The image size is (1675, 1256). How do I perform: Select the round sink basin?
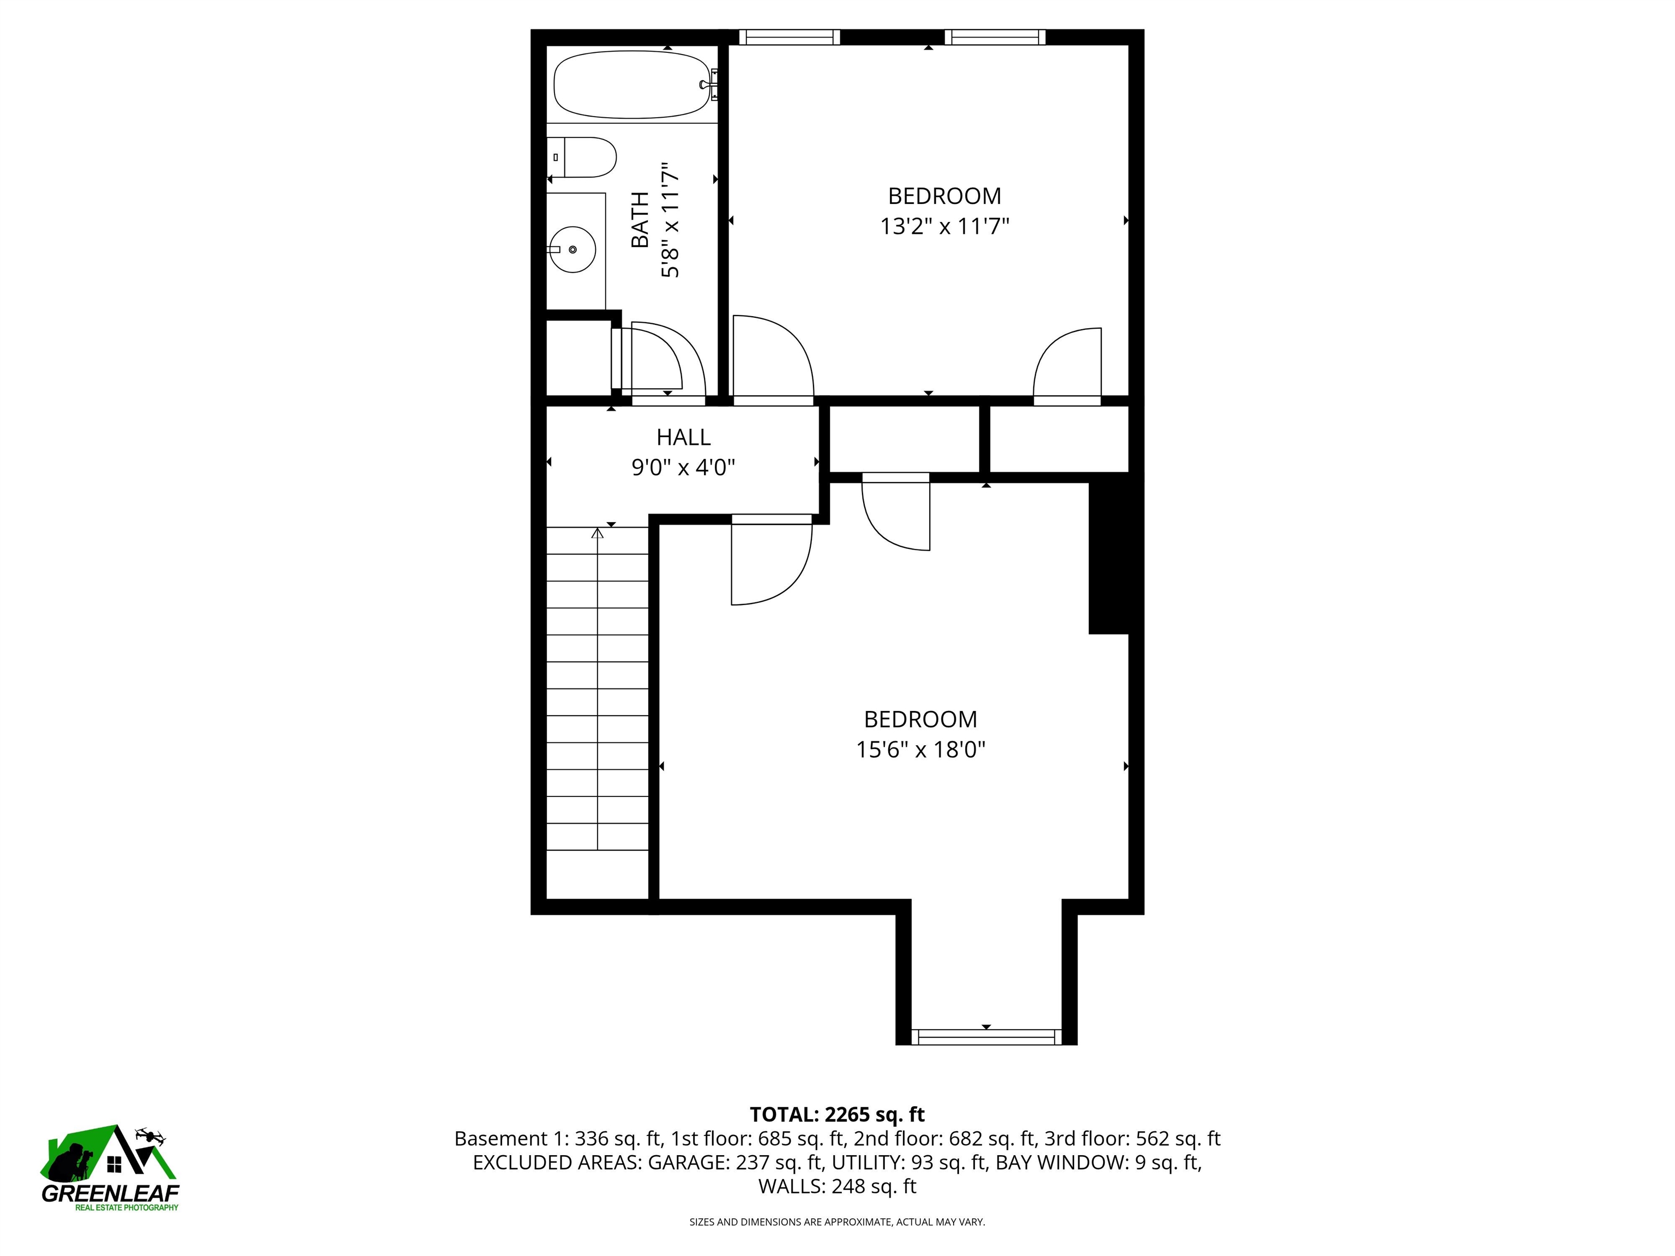(x=573, y=249)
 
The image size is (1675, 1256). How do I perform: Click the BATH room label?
(x=640, y=220)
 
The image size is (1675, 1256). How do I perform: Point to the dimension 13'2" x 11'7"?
(x=944, y=226)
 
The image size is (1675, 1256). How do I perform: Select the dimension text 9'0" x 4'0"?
(x=683, y=468)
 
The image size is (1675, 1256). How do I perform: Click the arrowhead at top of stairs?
(x=598, y=533)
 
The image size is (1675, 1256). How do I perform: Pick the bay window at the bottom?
(x=986, y=1037)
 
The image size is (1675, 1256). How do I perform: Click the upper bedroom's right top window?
(x=995, y=37)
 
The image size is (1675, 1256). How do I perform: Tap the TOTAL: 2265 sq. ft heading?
(x=837, y=1114)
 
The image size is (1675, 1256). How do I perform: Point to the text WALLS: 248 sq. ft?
(x=837, y=1186)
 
